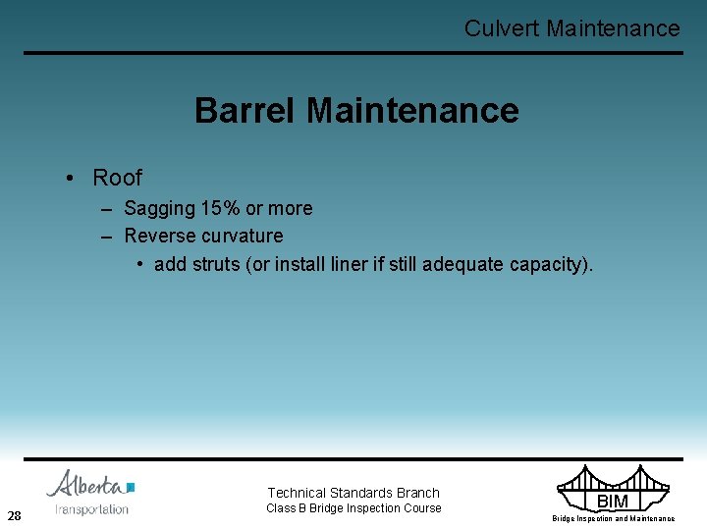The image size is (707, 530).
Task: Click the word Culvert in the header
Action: pos(502,28)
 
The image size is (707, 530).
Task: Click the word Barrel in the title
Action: pos(245,110)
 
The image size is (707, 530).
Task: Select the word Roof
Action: pos(117,178)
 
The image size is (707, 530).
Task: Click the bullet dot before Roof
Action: pos(72,178)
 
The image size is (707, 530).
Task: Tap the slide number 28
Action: pos(15,515)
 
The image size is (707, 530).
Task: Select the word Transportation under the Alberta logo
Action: pos(91,508)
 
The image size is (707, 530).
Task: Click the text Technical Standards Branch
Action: pos(353,493)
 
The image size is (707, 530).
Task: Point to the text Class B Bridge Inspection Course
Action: pos(354,508)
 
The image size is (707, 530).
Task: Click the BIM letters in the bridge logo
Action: pos(612,502)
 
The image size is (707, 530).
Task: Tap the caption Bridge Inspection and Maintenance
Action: pos(613,518)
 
